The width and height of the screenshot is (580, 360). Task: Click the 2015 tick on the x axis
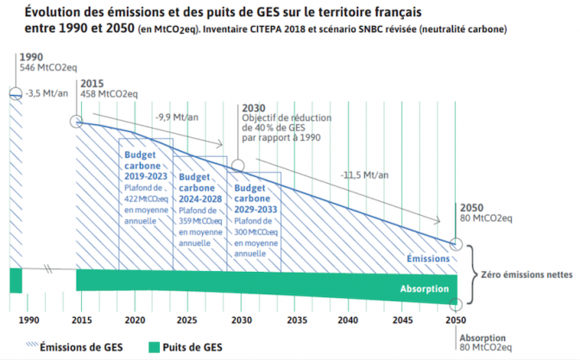(x=83, y=321)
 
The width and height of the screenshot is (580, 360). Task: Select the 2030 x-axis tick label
(x=242, y=321)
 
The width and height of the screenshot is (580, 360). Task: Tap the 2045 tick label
(x=400, y=321)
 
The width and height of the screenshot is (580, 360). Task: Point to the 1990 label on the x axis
(x=28, y=321)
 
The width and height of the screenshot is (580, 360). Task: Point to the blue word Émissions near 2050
(x=428, y=258)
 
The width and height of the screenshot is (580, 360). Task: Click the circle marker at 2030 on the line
(x=239, y=165)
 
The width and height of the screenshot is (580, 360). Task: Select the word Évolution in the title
(x=57, y=12)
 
